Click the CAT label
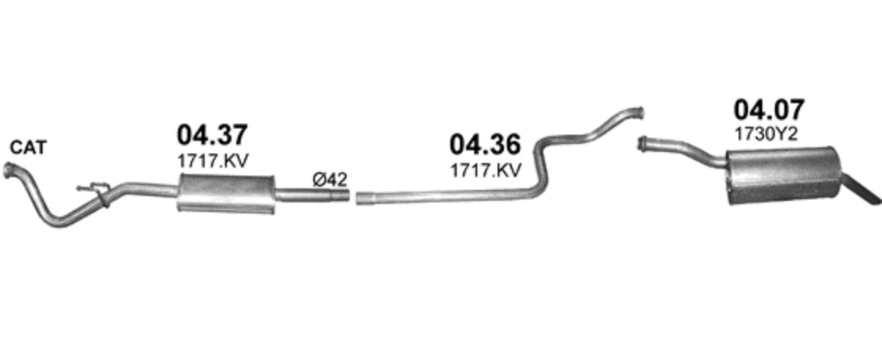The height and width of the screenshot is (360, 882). (x=28, y=148)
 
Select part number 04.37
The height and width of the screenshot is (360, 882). (x=212, y=135)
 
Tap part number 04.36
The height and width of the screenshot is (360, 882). (x=485, y=145)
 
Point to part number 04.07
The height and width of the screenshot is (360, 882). (x=769, y=109)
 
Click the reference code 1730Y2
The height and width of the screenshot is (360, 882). (x=765, y=135)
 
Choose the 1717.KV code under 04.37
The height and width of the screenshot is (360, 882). (x=212, y=161)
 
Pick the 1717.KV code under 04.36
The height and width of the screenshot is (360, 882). (x=485, y=170)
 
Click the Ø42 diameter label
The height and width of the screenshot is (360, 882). (x=330, y=180)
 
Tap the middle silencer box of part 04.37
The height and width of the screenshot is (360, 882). (x=226, y=194)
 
